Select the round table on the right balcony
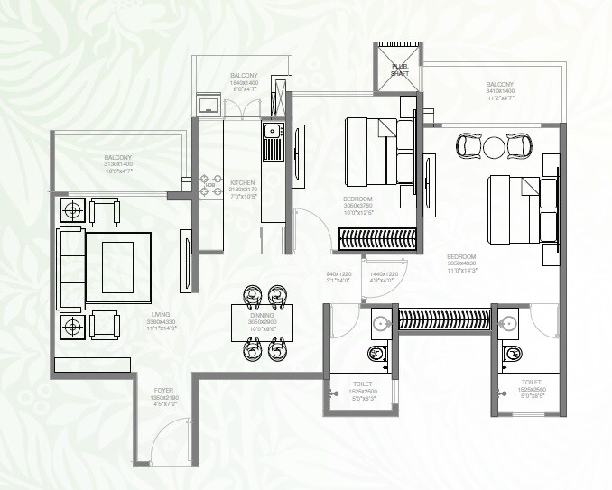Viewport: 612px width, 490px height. pos(494,146)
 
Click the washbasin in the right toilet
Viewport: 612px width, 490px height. pos(508,323)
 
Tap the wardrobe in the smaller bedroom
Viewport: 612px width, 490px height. pos(376,239)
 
